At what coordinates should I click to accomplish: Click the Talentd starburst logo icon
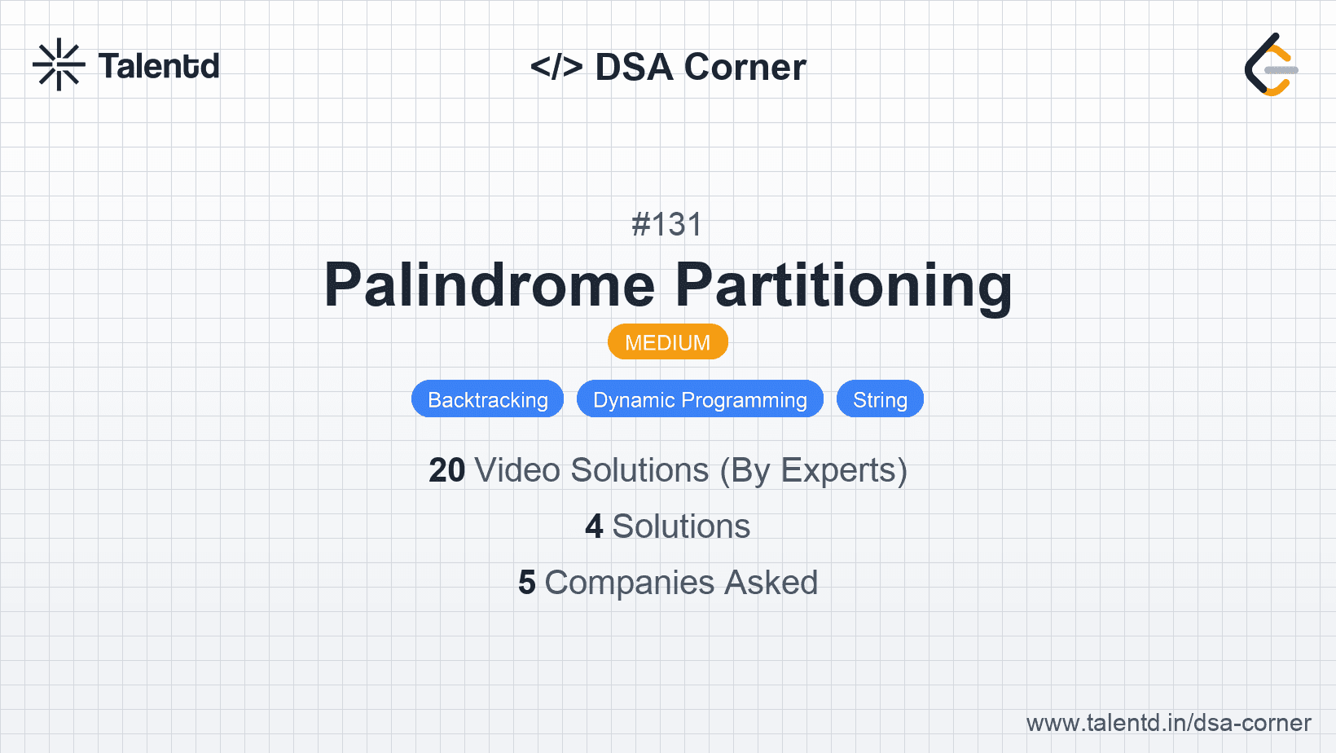(59, 64)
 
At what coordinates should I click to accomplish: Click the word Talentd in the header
(159, 66)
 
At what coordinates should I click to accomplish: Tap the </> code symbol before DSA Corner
(556, 66)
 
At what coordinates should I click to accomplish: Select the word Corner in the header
(745, 67)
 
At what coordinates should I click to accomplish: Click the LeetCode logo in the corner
(1271, 64)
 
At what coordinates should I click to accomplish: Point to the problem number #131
(667, 224)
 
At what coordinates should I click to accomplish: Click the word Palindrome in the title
(490, 284)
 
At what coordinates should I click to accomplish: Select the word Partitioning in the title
(843, 286)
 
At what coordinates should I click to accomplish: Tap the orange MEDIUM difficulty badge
(668, 342)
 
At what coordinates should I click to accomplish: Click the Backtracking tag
(488, 399)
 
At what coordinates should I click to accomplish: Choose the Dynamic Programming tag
(701, 399)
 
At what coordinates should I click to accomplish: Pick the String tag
(881, 399)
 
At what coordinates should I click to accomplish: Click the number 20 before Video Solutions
(446, 470)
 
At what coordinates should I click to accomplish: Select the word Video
(518, 470)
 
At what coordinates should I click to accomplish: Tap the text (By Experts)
(814, 471)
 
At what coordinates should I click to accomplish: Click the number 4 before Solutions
(594, 526)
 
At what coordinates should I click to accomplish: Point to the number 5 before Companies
(527, 583)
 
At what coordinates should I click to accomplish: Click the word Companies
(629, 583)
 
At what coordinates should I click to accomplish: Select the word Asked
(771, 583)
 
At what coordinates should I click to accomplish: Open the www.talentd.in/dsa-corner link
(1168, 723)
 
